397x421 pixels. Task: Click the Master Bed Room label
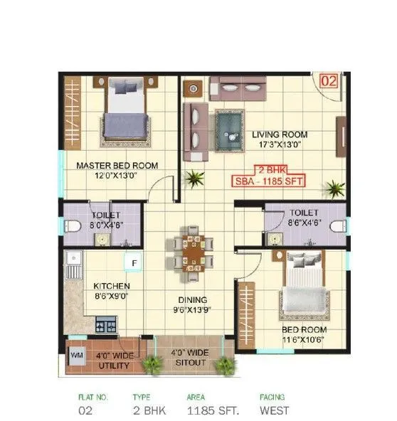pyautogui.click(x=117, y=166)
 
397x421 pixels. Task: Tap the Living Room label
pyautogui.click(x=280, y=134)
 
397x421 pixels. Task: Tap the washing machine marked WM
pyautogui.click(x=76, y=353)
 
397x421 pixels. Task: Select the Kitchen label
pyautogui.click(x=111, y=286)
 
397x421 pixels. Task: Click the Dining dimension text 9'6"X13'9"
pyautogui.click(x=192, y=309)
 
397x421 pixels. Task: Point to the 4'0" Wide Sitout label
pyautogui.click(x=190, y=356)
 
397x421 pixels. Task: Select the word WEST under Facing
pyautogui.click(x=274, y=410)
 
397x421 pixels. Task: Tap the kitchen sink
pyautogui.click(x=72, y=270)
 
